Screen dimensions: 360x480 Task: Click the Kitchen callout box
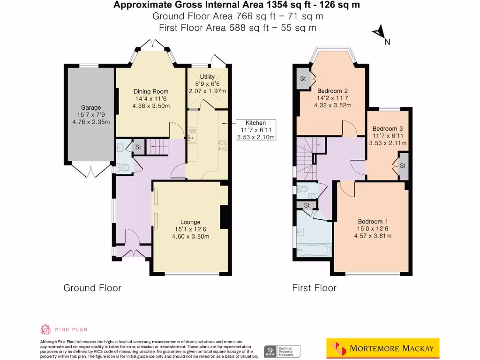tap(256, 130)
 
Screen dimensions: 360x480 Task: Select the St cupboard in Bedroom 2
tap(303, 79)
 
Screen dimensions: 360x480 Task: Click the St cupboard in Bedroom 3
tap(403, 166)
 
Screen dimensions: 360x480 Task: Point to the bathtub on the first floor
tap(312, 250)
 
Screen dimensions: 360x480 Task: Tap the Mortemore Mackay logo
tap(382, 348)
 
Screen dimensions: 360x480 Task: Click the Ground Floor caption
tap(92, 288)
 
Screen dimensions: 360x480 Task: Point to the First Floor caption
tap(314, 288)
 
